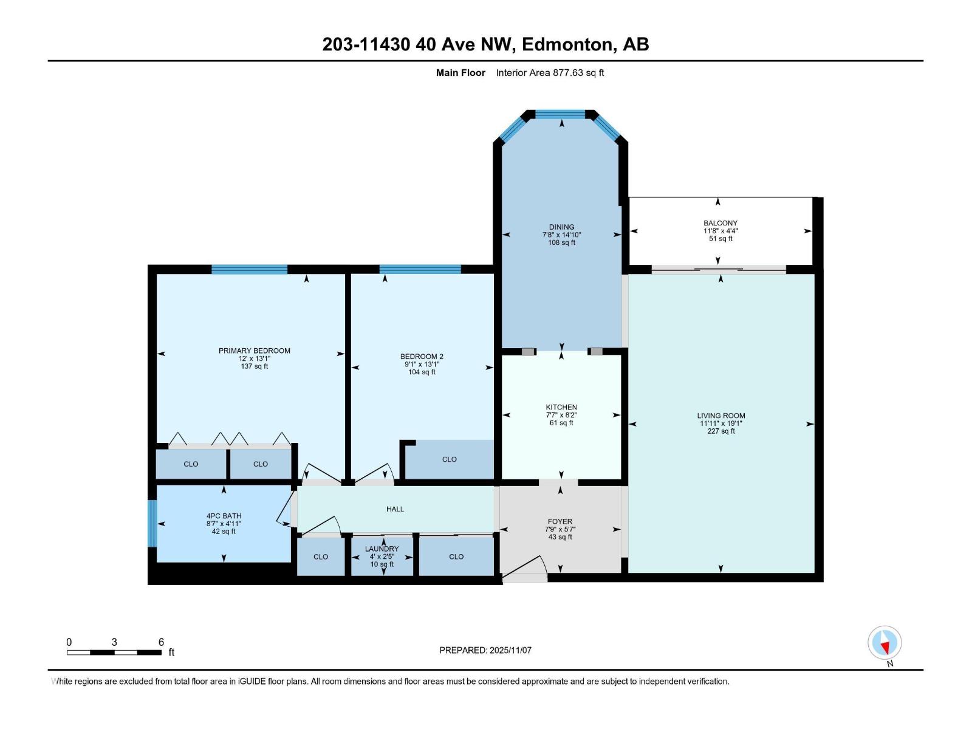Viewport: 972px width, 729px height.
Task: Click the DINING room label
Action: tap(561, 227)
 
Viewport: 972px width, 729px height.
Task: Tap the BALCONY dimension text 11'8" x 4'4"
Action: tap(720, 231)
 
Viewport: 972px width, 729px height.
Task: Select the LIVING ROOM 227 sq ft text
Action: tap(721, 431)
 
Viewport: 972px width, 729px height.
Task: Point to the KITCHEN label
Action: tap(561, 407)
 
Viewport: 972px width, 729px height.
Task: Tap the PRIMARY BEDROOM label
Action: tap(255, 351)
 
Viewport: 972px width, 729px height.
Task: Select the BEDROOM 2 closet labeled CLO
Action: tap(450, 459)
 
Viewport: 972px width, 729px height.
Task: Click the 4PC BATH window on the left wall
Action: tap(152, 523)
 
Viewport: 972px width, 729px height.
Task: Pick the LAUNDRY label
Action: tap(382, 549)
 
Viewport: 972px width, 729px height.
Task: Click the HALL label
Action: tap(395, 509)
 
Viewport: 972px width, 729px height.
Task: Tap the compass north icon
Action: tap(885, 643)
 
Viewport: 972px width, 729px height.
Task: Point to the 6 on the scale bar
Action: tap(161, 642)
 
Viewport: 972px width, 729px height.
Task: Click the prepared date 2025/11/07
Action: tap(510, 650)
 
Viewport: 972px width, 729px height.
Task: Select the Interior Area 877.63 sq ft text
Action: tap(550, 73)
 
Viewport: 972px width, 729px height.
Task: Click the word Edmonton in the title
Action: tap(567, 44)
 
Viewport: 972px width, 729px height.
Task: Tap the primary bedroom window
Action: tap(249, 269)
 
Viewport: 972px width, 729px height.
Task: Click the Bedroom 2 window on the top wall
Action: tap(420, 269)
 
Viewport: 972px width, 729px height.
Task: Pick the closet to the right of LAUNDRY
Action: tap(456, 556)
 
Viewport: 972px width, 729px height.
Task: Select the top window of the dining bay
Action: tap(560, 114)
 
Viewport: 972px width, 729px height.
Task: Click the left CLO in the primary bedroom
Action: tap(191, 464)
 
